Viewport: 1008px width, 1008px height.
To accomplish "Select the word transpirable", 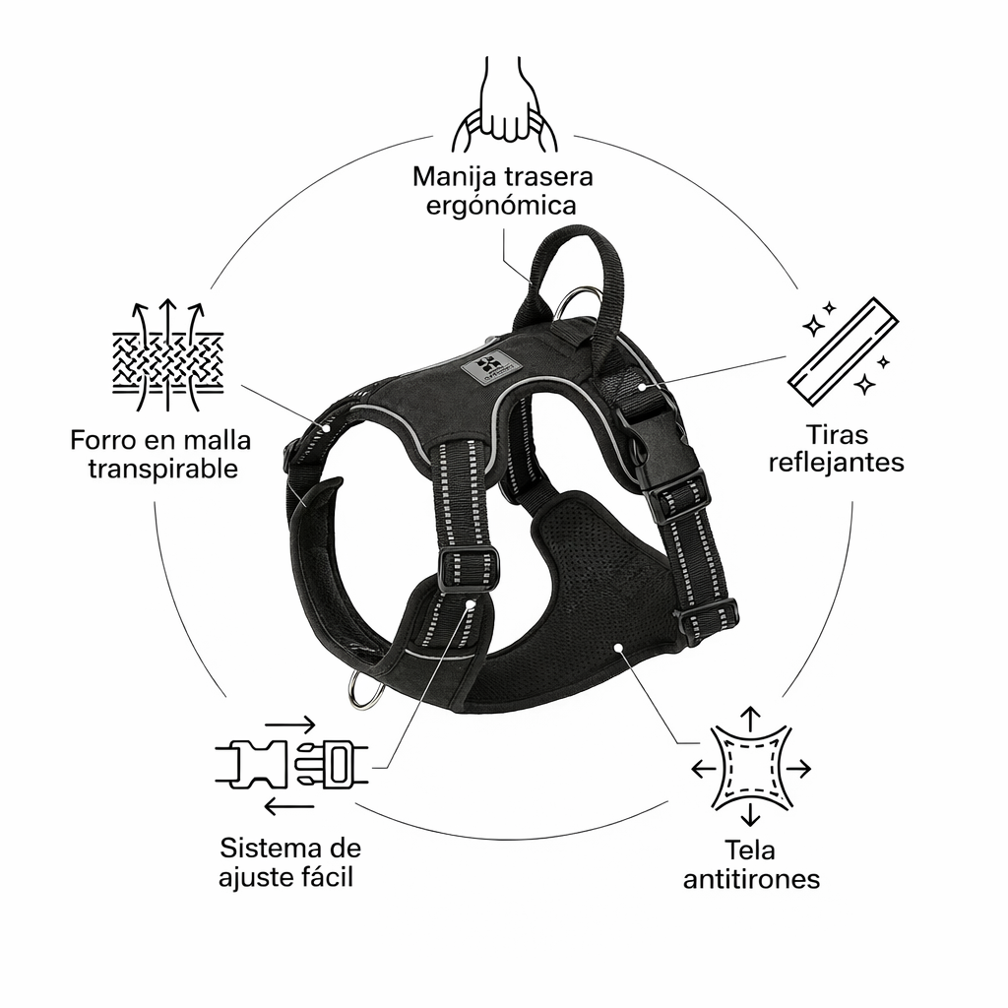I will [x=162, y=469].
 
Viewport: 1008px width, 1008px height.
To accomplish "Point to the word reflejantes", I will [x=837, y=463].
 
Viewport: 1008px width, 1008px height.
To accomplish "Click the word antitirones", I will [x=751, y=878].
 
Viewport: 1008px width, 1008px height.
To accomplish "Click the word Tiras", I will [x=837, y=433].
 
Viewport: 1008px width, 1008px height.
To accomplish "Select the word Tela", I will [x=750, y=849].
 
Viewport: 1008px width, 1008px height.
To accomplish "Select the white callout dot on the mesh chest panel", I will [x=618, y=648].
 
